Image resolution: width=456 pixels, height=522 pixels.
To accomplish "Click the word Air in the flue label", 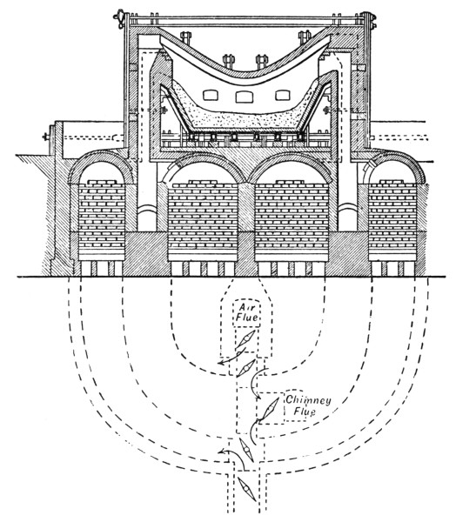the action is (x=247, y=308).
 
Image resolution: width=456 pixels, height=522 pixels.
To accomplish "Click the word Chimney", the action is (x=308, y=400).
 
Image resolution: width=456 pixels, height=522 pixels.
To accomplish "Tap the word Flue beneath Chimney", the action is (x=305, y=412).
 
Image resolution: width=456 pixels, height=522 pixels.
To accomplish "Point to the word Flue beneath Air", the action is (x=247, y=317).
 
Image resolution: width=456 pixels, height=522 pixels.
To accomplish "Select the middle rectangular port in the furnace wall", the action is (x=245, y=97).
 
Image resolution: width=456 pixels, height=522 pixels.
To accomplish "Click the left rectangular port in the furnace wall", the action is (x=211, y=96).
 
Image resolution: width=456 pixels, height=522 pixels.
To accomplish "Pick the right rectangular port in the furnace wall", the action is (x=283, y=96).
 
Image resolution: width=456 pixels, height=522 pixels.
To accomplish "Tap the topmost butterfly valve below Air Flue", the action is (x=245, y=339).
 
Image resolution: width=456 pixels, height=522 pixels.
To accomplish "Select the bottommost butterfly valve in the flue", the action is (x=247, y=489).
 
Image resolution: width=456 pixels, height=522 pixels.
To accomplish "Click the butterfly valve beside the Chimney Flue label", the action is (x=269, y=409).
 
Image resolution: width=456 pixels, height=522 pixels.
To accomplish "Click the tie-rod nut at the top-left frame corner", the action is (x=119, y=16).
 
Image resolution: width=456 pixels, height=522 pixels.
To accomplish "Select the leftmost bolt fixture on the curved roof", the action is (x=185, y=38).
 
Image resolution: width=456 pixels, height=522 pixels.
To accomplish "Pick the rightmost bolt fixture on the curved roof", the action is (x=305, y=37).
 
